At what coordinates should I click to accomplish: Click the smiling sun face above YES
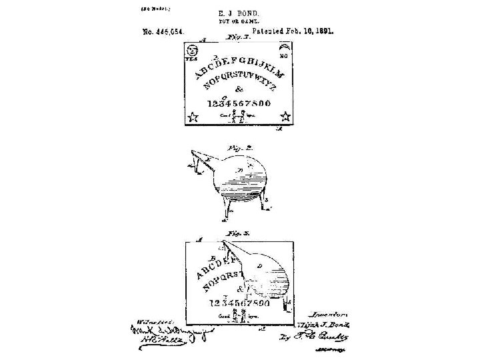[193, 51]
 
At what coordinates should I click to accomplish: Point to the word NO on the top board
[283, 57]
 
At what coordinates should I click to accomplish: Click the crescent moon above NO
[285, 47]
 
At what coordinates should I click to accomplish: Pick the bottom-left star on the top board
[193, 117]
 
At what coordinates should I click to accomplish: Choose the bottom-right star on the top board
[285, 117]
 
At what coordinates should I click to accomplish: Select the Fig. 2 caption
[237, 148]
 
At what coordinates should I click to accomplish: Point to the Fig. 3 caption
[237, 233]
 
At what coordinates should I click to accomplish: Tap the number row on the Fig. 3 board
[239, 303]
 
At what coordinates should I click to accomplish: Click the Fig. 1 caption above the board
[233, 39]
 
